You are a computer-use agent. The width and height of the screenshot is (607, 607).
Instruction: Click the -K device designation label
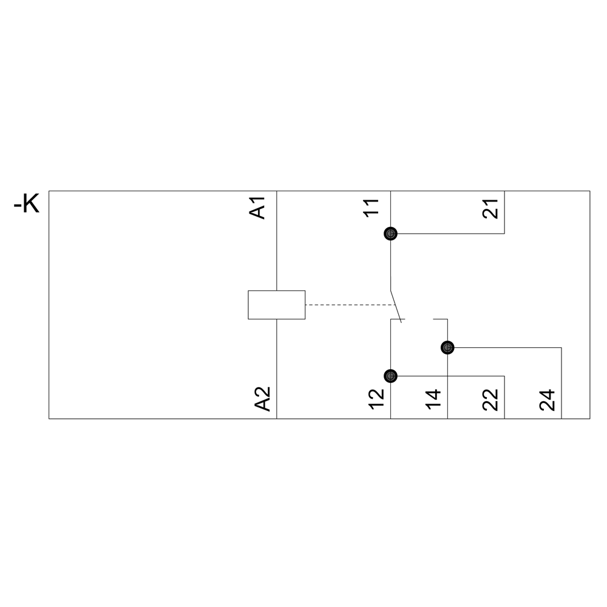coord(26,204)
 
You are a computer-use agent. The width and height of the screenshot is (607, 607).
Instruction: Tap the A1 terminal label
coord(257,208)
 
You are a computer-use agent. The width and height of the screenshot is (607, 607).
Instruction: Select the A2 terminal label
coord(262,399)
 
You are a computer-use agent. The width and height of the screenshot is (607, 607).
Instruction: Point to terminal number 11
coord(371,208)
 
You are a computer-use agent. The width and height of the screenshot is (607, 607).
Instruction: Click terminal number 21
coord(490,209)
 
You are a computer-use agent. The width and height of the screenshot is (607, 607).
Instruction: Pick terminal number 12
coord(377,399)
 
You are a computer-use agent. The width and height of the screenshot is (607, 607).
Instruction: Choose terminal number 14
coord(433,399)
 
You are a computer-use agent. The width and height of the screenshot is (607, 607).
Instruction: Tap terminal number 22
coord(490,399)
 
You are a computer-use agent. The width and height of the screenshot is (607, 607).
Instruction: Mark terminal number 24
coord(548,399)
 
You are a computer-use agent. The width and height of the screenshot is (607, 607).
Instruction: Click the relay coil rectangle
coord(276,305)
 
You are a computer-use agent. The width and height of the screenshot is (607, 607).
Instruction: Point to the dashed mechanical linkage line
coord(350,305)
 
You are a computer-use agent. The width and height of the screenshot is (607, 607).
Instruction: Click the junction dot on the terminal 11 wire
coord(390,234)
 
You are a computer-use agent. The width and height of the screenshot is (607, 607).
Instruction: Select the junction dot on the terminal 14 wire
coord(447,348)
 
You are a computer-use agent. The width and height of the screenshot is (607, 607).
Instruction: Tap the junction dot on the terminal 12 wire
coord(390,376)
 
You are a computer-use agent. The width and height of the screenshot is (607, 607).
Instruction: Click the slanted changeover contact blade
coord(396,306)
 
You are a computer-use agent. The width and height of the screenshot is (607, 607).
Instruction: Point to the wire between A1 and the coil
coord(276,240)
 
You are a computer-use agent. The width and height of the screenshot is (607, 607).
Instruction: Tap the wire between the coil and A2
coord(276,369)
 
